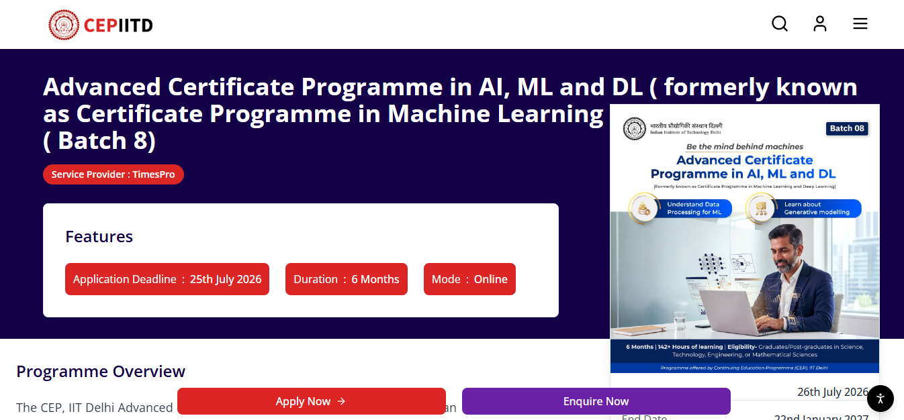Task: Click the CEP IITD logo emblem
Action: click(64, 25)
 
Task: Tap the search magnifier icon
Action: click(779, 24)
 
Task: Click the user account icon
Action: click(819, 24)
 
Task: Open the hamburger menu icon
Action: click(860, 24)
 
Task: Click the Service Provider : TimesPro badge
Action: click(113, 174)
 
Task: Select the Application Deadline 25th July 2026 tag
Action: click(167, 279)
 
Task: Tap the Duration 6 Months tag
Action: click(346, 279)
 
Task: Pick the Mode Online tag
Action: click(469, 279)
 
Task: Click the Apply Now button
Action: click(311, 401)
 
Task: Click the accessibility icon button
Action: click(880, 399)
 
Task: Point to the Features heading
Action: click(99, 237)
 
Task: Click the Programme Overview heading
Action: click(101, 372)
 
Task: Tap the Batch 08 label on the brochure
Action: click(847, 128)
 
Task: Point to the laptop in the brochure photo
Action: click(742, 305)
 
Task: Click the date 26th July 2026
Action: click(832, 392)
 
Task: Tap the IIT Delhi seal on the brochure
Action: click(633, 129)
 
